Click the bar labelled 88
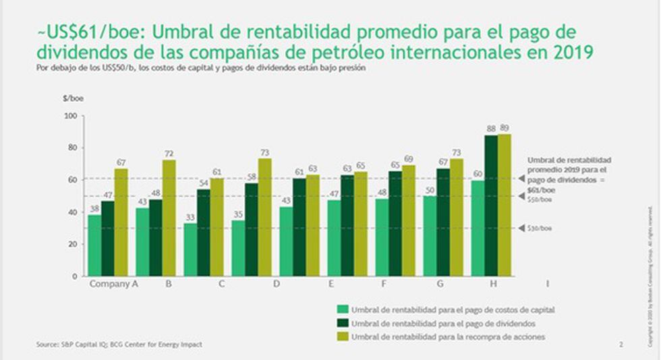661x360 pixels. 491,206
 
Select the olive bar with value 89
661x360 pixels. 505,205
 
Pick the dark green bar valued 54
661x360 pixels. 203,233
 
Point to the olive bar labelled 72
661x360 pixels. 169,218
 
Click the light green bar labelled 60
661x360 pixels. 478,228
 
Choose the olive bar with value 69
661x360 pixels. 408,220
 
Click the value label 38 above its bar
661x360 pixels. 94,209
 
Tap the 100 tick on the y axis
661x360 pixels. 69,116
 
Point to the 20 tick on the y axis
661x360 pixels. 71,244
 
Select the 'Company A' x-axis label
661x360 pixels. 114,284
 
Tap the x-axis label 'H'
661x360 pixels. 493,284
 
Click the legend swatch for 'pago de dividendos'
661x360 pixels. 343,324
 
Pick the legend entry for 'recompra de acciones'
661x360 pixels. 449,336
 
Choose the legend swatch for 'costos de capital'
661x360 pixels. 343,310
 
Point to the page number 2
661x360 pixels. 621,345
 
